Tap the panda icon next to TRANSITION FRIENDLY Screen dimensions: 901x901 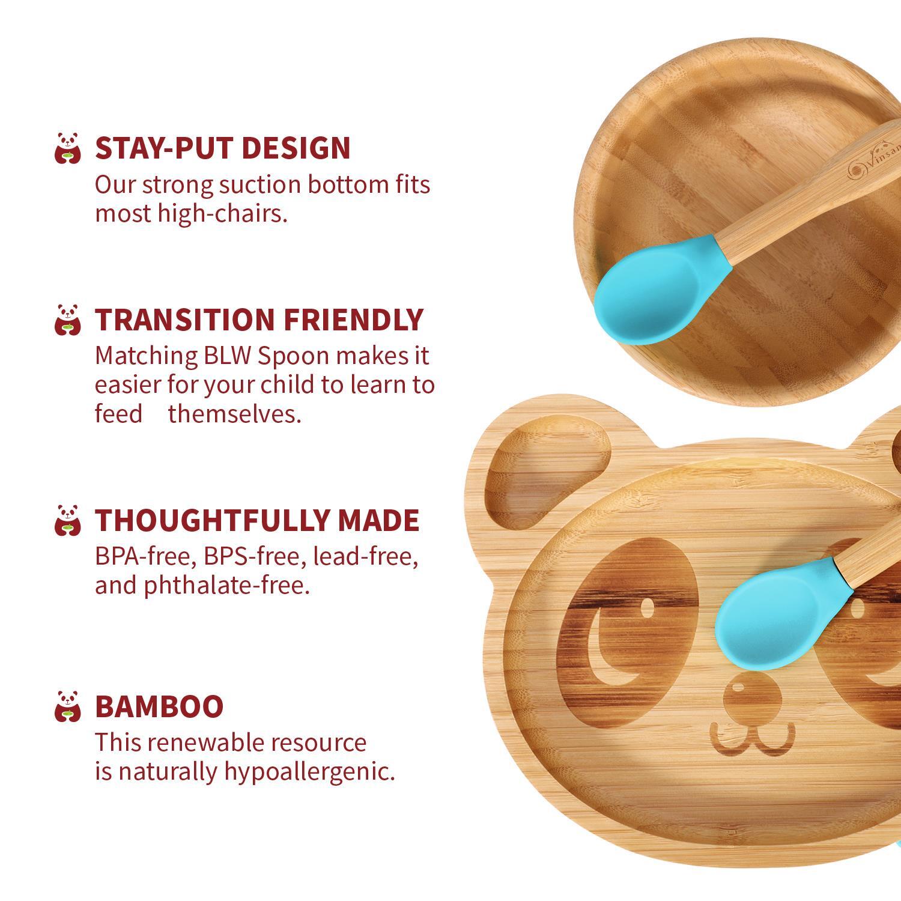68,320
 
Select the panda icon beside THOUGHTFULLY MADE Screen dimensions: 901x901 68,520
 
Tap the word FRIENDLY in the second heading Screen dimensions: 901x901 353,320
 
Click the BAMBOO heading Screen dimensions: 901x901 159,706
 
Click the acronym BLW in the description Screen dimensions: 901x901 228,356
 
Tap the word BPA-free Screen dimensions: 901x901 145,557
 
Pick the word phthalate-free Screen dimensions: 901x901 227,586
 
